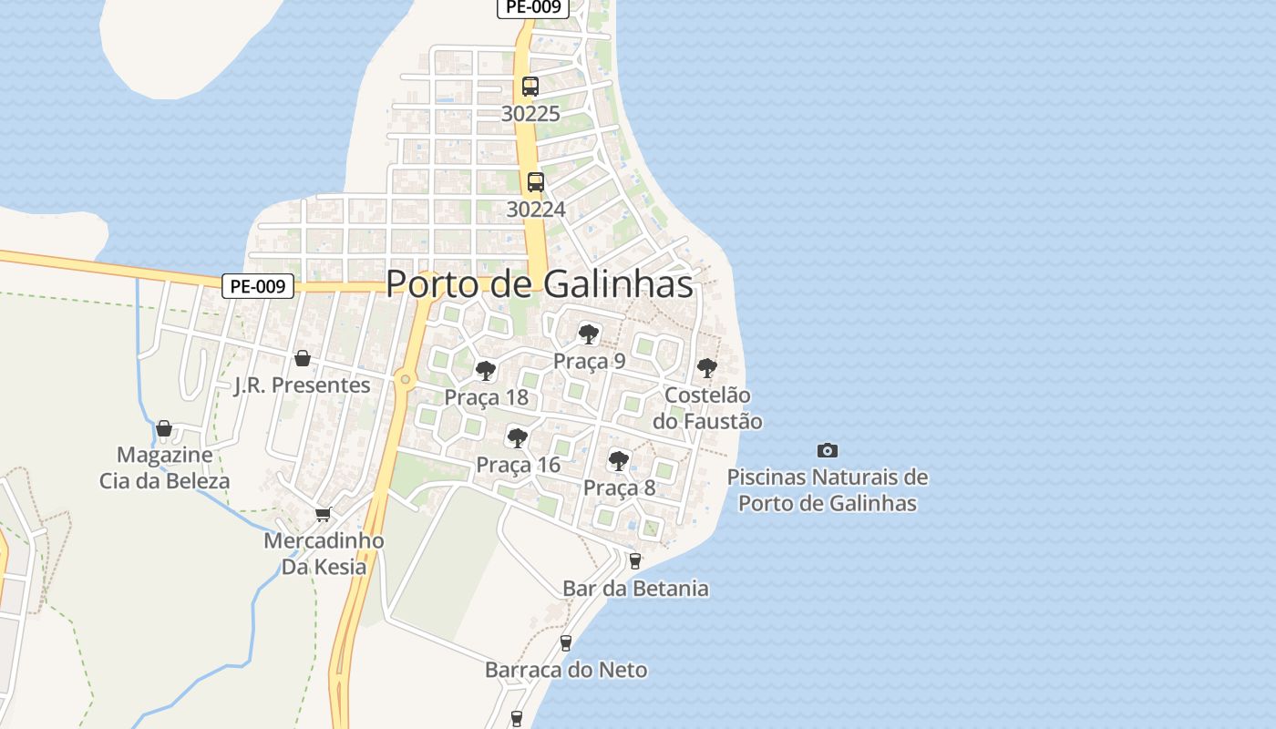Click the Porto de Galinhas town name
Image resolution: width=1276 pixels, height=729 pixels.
[540, 283]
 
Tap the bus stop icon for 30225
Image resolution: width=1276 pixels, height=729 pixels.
[530, 87]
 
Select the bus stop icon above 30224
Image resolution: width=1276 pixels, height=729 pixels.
[536, 181]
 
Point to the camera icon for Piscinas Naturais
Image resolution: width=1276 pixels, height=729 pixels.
[828, 450]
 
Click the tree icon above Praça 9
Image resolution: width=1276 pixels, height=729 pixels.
[589, 334]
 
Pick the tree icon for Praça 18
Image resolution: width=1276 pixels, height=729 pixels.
[486, 371]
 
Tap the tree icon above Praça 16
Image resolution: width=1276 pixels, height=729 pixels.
[518, 438]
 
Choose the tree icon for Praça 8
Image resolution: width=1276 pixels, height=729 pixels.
[619, 461]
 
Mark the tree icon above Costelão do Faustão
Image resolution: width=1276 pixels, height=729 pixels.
[706, 368]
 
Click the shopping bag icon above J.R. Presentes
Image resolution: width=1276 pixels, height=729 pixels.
[303, 358]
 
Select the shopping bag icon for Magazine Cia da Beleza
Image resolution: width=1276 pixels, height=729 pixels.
[164, 428]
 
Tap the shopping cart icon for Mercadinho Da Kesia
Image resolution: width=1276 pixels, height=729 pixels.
[323, 515]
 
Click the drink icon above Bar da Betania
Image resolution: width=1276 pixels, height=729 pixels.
[635, 561]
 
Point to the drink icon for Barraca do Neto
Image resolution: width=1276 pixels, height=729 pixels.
[566, 643]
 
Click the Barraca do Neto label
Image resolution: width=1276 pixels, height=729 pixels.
[566, 671]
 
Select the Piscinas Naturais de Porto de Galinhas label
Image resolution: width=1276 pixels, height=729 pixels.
[828, 490]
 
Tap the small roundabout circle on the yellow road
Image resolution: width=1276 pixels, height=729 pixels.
[406, 378]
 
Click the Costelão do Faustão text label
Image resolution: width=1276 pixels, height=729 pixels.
[707, 408]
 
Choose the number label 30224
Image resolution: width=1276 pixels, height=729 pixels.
[536, 210]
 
